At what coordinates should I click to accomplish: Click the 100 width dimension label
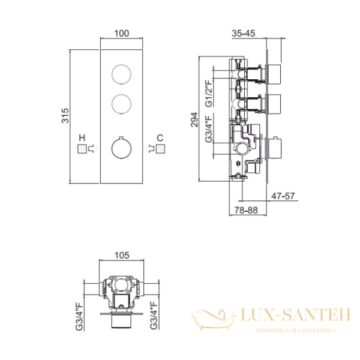coord(121,34)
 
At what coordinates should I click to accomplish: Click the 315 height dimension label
coord(65,115)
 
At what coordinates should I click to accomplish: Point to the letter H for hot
coord(82,138)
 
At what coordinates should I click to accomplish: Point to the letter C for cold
coord(160,138)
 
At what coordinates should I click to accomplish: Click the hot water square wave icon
coord(82,149)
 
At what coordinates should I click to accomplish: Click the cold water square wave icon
coord(160,149)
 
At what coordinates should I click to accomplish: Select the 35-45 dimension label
coord(244,34)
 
